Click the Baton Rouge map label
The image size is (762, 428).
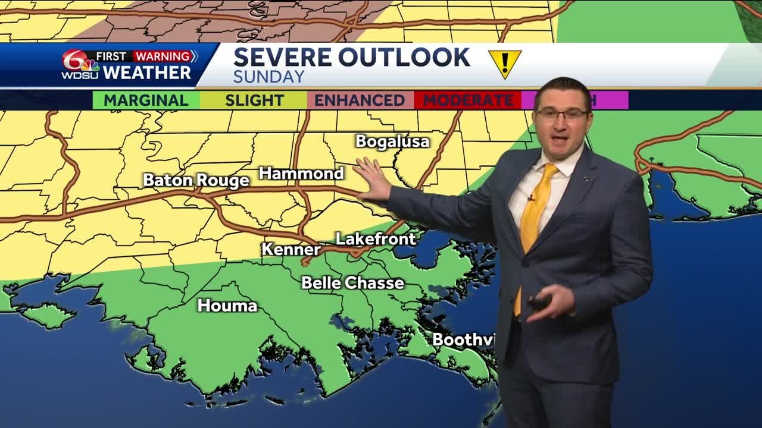click(196, 180)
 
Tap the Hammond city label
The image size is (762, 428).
click(301, 174)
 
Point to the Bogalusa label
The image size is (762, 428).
click(392, 141)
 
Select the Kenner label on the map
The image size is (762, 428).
click(291, 249)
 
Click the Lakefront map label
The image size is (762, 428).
click(375, 239)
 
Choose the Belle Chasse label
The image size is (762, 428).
click(352, 283)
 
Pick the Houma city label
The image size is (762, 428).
click(227, 306)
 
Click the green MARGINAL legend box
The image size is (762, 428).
click(146, 100)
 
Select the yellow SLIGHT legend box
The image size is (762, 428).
click(254, 100)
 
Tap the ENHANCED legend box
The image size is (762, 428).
click(360, 100)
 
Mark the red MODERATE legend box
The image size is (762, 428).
click(467, 100)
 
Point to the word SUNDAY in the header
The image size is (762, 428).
click(268, 77)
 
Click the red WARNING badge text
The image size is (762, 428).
click(162, 56)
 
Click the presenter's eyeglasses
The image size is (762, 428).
click(562, 114)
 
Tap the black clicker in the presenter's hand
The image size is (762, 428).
click(539, 303)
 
